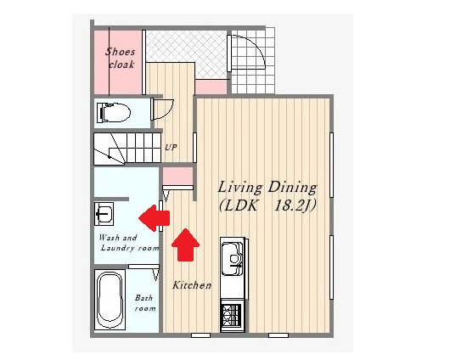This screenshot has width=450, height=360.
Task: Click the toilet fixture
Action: (114, 112)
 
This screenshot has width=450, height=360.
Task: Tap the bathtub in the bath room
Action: (110, 300)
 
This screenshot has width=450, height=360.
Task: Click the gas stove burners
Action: (232, 315)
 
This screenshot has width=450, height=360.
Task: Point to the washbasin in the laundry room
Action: (104, 214)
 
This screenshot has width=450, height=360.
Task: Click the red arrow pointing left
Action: (155, 218)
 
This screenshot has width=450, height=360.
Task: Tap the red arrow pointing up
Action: (185, 245)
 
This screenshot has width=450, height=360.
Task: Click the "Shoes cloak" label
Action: (120, 58)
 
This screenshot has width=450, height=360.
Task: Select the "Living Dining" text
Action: (267, 188)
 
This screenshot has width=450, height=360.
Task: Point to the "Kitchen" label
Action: (192, 285)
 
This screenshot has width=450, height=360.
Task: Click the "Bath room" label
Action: (145, 303)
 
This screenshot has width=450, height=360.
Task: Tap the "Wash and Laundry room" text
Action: (129, 243)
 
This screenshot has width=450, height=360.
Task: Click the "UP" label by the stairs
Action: (171, 148)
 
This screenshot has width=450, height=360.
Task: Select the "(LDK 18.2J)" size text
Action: (267, 205)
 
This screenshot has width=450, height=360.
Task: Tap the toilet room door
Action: (162, 110)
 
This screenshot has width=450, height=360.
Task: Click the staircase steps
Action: (127, 149)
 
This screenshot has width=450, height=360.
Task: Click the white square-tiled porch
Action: (253, 60)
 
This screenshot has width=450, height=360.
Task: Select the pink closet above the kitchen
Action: (178, 176)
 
